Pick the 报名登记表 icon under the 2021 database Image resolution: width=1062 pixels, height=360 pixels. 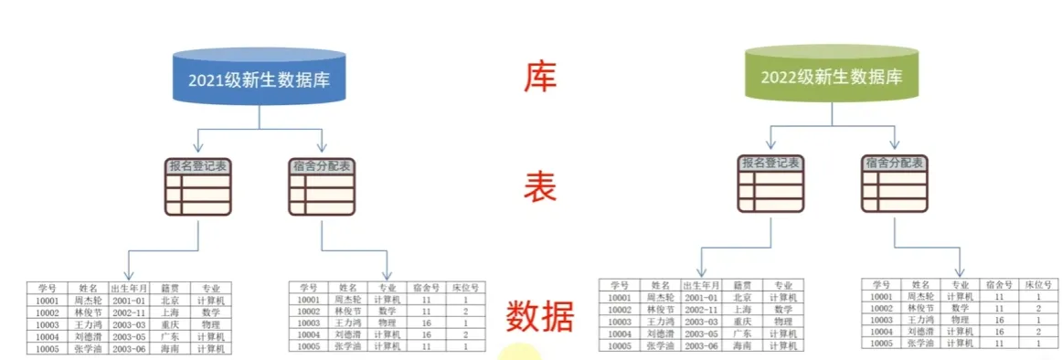coord(198,186)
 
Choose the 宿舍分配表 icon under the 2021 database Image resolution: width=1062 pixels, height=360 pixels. coord(322,187)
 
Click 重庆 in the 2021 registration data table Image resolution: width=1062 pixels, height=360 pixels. coord(170,323)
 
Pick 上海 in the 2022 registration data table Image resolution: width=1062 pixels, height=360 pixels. coord(743,310)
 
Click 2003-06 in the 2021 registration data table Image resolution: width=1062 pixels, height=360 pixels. coord(128,348)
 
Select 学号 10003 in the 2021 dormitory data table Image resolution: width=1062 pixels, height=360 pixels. coord(308,323)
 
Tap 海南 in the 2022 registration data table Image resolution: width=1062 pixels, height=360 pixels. coord(743,345)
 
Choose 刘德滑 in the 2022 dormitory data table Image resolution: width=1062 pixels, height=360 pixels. coord(917,332)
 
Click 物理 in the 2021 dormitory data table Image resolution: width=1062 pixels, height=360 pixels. coord(386,323)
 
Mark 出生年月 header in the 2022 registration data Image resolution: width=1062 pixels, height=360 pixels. coord(698,285)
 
